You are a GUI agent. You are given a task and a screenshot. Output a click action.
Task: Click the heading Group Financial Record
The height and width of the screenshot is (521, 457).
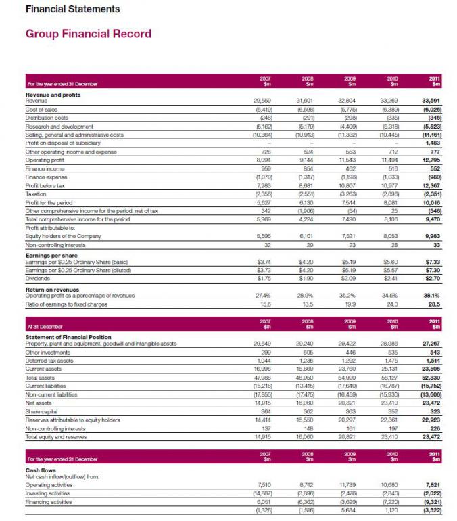tap(88, 33)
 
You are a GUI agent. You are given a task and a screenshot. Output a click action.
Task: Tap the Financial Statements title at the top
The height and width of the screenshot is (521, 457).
tap(72, 9)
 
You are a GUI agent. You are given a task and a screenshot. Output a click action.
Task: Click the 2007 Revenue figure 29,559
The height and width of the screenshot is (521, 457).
tap(261, 100)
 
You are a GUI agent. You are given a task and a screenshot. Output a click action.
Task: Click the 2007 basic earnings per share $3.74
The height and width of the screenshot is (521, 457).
tap(262, 261)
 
